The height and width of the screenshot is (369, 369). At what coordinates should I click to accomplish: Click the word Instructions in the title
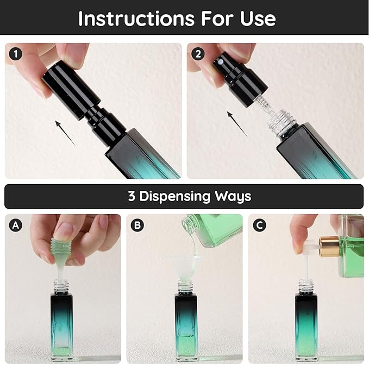[x=137, y=18]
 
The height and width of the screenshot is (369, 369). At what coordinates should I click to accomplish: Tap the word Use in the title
[x=258, y=18]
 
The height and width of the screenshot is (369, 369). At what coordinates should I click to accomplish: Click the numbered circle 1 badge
[x=16, y=54]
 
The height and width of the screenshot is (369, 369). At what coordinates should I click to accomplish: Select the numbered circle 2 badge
[x=198, y=54]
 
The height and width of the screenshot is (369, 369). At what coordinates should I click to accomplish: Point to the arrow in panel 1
[x=65, y=133]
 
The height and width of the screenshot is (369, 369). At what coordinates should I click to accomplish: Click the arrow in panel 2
[x=237, y=124]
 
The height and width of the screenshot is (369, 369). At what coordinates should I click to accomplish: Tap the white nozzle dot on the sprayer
[x=220, y=62]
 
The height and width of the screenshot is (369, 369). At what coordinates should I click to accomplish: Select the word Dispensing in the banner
[x=174, y=197]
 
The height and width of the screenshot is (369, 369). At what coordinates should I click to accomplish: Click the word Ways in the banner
[x=233, y=197]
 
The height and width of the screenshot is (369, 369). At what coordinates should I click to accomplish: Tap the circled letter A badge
[x=16, y=225]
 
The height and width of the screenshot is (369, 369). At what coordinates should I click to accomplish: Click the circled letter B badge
[x=137, y=225]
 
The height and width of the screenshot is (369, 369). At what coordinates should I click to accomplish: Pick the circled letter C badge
[x=259, y=225]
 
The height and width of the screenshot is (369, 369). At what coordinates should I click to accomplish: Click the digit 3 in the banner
[x=132, y=196]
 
